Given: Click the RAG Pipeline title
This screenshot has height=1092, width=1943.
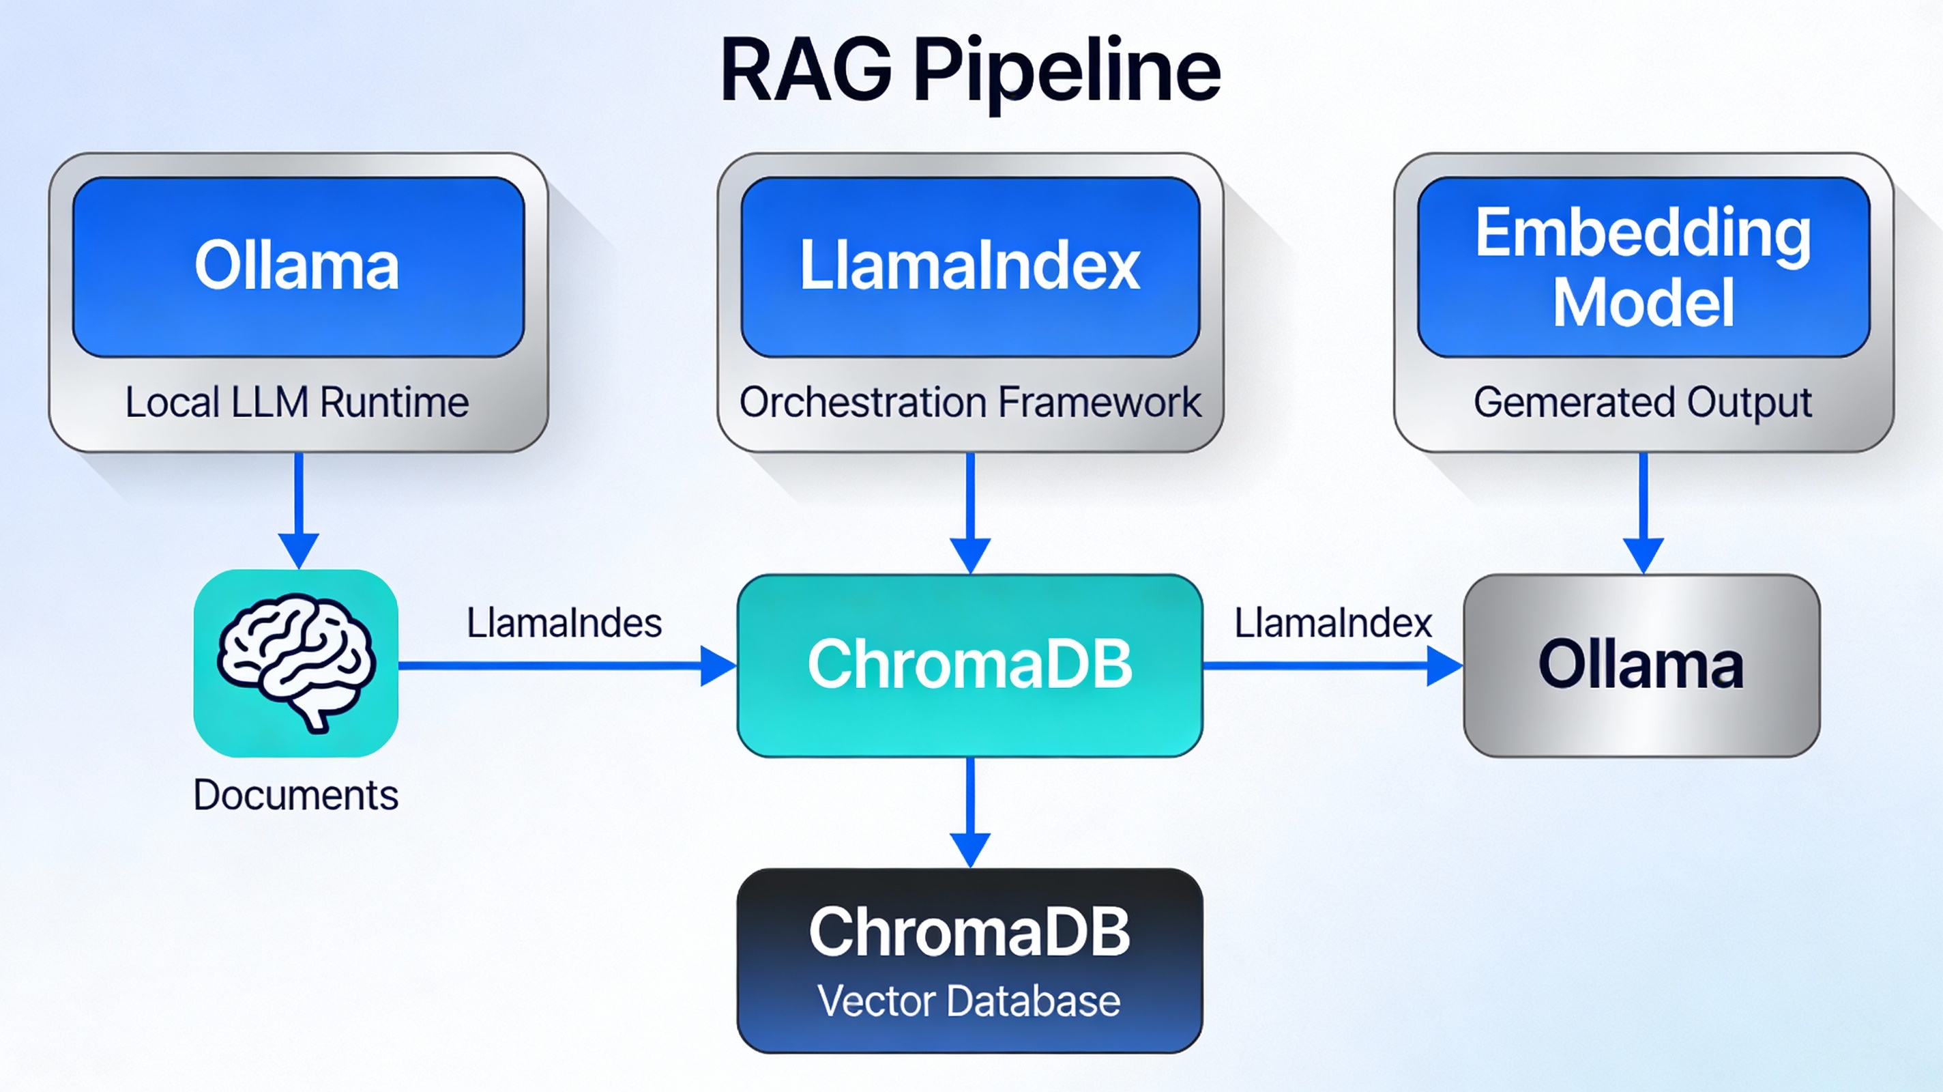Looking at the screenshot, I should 970,72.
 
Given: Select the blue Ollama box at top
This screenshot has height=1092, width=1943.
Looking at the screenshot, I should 298,265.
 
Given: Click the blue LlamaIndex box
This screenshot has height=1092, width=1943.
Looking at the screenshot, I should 970,265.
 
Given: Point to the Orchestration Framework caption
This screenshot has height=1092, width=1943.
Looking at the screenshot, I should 970,402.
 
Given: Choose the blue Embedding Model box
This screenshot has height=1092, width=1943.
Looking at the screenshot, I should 1643,265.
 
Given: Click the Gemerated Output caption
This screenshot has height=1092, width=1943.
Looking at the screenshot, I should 1642,402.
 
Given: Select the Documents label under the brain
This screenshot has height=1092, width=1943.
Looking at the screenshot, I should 295,795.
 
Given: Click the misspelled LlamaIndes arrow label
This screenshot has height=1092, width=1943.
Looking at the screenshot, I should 564,623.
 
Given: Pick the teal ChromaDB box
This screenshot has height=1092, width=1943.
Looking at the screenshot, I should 970,664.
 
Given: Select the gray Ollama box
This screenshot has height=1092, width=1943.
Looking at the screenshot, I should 1641,664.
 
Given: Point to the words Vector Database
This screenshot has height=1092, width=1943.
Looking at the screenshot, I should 969,1001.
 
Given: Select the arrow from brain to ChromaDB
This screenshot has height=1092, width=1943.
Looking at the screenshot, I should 566,665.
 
